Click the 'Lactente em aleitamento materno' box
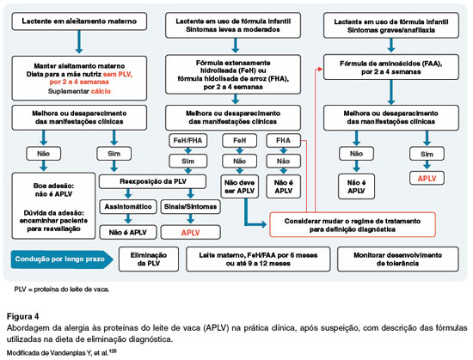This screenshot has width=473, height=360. click(x=79, y=21)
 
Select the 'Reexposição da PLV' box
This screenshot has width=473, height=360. click(x=152, y=181)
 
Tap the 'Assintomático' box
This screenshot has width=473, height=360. click(x=128, y=207)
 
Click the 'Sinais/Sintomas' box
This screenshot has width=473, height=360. click(x=190, y=207)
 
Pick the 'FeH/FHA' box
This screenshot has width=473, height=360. click(x=188, y=140)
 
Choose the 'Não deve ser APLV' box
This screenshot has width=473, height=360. click(x=240, y=186)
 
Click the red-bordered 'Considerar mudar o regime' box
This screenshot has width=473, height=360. click(x=353, y=225)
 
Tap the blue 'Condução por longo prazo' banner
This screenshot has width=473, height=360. click(x=62, y=259)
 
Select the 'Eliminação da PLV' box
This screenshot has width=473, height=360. click(x=149, y=259)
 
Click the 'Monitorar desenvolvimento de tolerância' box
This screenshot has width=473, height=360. click(x=397, y=259)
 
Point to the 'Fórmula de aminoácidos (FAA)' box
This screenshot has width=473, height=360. click(x=391, y=68)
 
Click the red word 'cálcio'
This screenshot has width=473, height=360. click(x=101, y=91)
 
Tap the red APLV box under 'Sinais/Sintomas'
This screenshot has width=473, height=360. click(x=190, y=232)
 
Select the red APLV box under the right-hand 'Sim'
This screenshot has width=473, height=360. click(x=427, y=179)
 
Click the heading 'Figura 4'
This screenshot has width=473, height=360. click(x=23, y=317)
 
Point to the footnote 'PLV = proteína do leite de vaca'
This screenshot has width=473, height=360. click(x=62, y=290)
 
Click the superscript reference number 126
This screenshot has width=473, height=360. click(x=114, y=351)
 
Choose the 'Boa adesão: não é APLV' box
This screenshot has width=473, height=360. click(x=53, y=206)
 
